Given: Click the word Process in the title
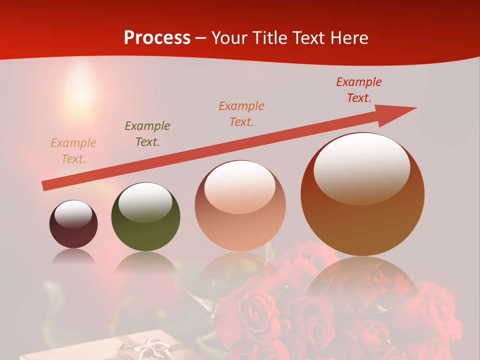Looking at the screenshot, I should click(157, 38).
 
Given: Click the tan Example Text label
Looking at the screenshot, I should click(73, 151).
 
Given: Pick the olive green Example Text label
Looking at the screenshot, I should click(147, 134).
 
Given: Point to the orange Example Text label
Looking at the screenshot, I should click(241, 114).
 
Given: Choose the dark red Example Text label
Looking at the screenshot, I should click(359, 90).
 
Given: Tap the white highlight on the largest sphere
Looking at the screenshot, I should click(361, 167).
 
